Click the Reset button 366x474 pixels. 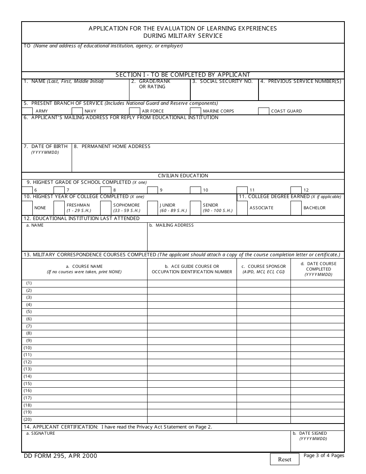[284, 459]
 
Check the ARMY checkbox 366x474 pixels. [27, 111]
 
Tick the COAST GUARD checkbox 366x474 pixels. [264, 111]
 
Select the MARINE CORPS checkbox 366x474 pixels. [196, 111]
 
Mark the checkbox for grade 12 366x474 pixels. [296, 190]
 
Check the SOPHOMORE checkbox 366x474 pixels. [106, 208]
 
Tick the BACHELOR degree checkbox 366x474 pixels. [296, 208]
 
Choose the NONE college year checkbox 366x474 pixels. [27, 208]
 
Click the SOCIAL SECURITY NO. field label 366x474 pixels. [226, 81]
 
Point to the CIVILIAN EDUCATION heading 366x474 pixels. [183, 176]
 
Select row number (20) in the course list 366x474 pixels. [28, 419]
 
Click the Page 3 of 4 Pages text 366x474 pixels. [324, 456]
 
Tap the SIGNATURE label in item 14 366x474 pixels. [40, 434]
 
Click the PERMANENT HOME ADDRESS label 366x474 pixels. [116, 146]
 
